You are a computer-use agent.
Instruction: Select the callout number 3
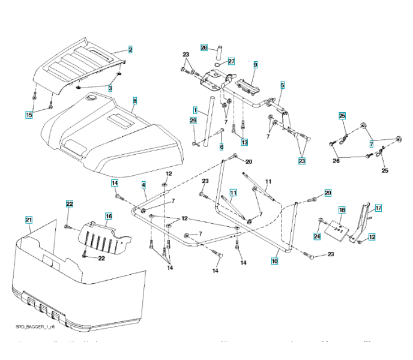click(x=110, y=88)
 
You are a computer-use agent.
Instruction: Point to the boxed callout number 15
click(x=28, y=115)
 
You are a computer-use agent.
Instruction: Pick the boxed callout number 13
click(x=244, y=142)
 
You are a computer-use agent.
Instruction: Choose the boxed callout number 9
click(x=255, y=64)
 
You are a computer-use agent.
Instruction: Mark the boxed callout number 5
click(x=282, y=85)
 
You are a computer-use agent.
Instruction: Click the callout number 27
click(x=231, y=61)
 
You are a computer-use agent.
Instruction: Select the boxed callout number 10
click(x=274, y=262)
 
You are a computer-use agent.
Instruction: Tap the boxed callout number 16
click(x=109, y=215)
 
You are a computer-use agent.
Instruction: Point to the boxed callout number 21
click(x=28, y=220)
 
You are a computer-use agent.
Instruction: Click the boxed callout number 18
click(x=341, y=211)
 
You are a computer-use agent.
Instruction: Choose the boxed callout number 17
click(x=378, y=208)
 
